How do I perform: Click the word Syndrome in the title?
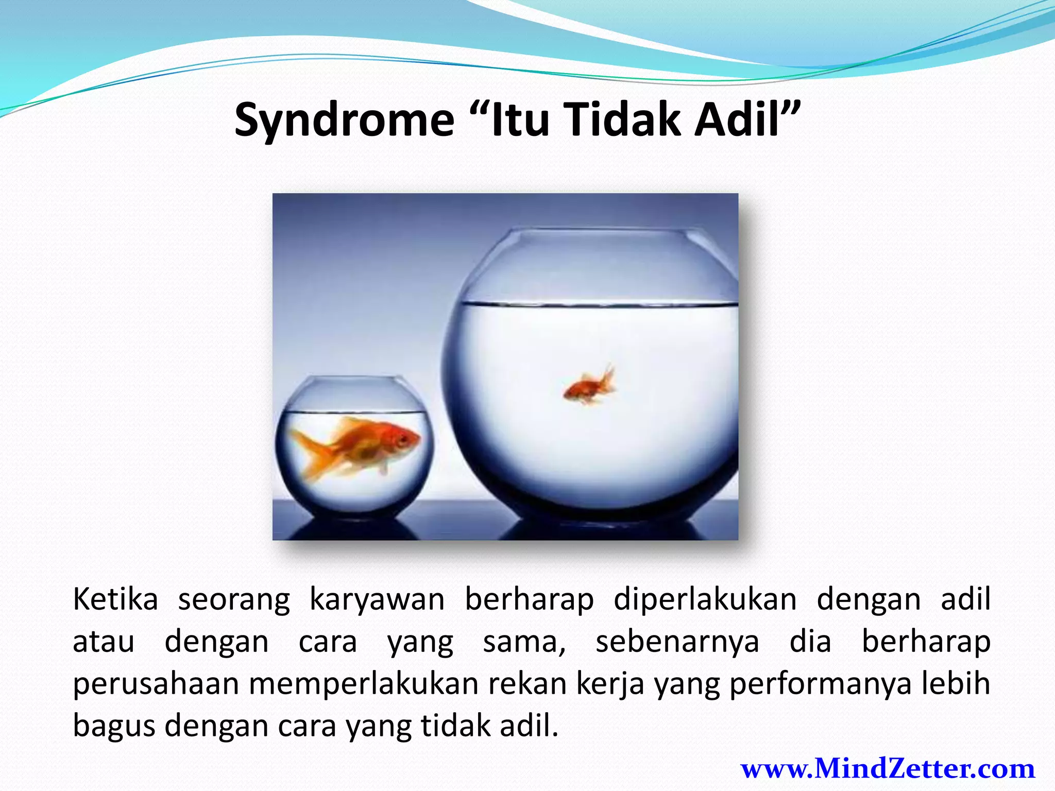[344, 121]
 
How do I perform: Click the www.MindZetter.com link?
[888, 769]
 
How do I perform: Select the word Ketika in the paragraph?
[115, 599]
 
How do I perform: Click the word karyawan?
[377, 599]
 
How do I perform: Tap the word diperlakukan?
[705, 599]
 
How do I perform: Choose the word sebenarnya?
[677, 642]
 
